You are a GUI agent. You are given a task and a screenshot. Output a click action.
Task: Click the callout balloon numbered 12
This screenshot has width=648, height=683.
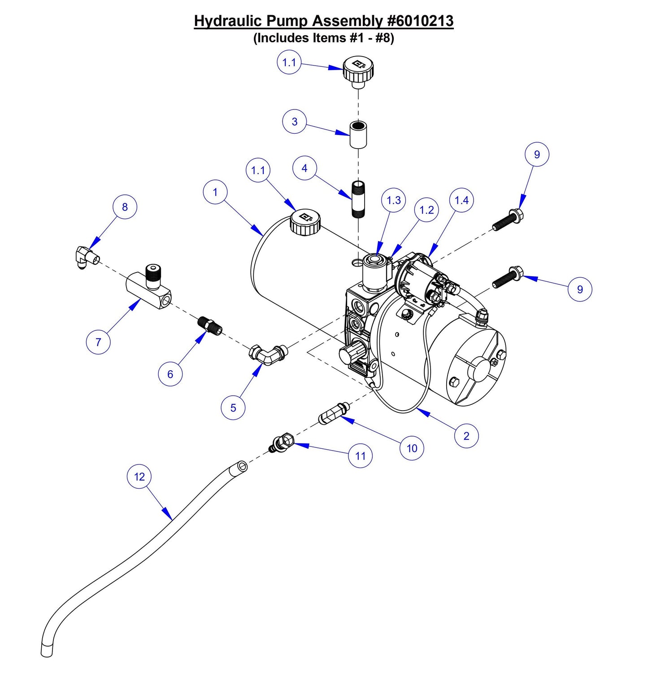click(x=139, y=477)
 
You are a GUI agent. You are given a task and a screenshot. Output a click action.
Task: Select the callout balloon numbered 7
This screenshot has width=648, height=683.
click(x=98, y=342)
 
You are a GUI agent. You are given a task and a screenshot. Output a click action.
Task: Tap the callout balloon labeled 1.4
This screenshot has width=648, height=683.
click(x=461, y=200)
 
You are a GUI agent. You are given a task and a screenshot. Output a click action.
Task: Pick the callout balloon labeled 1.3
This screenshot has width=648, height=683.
click(x=394, y=200)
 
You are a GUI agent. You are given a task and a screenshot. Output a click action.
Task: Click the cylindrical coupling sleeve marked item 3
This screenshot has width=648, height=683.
click(x=358, y=133)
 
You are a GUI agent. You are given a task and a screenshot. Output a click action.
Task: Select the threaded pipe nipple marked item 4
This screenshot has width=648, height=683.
click(x=358, y=199)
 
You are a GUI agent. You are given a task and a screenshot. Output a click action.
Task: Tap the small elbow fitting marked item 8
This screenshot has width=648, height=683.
click(x=85, y=258)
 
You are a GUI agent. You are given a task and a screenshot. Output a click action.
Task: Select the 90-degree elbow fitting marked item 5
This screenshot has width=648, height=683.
click(x=268, y=354)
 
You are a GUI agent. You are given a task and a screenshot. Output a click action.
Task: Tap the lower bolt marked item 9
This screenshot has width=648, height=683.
click(x=508, y=277)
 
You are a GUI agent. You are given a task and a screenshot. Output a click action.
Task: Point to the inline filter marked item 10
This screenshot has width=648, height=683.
click(x=333, y=413)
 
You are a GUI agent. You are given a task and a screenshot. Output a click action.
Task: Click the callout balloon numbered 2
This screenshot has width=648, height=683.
click(x=466, y=436)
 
